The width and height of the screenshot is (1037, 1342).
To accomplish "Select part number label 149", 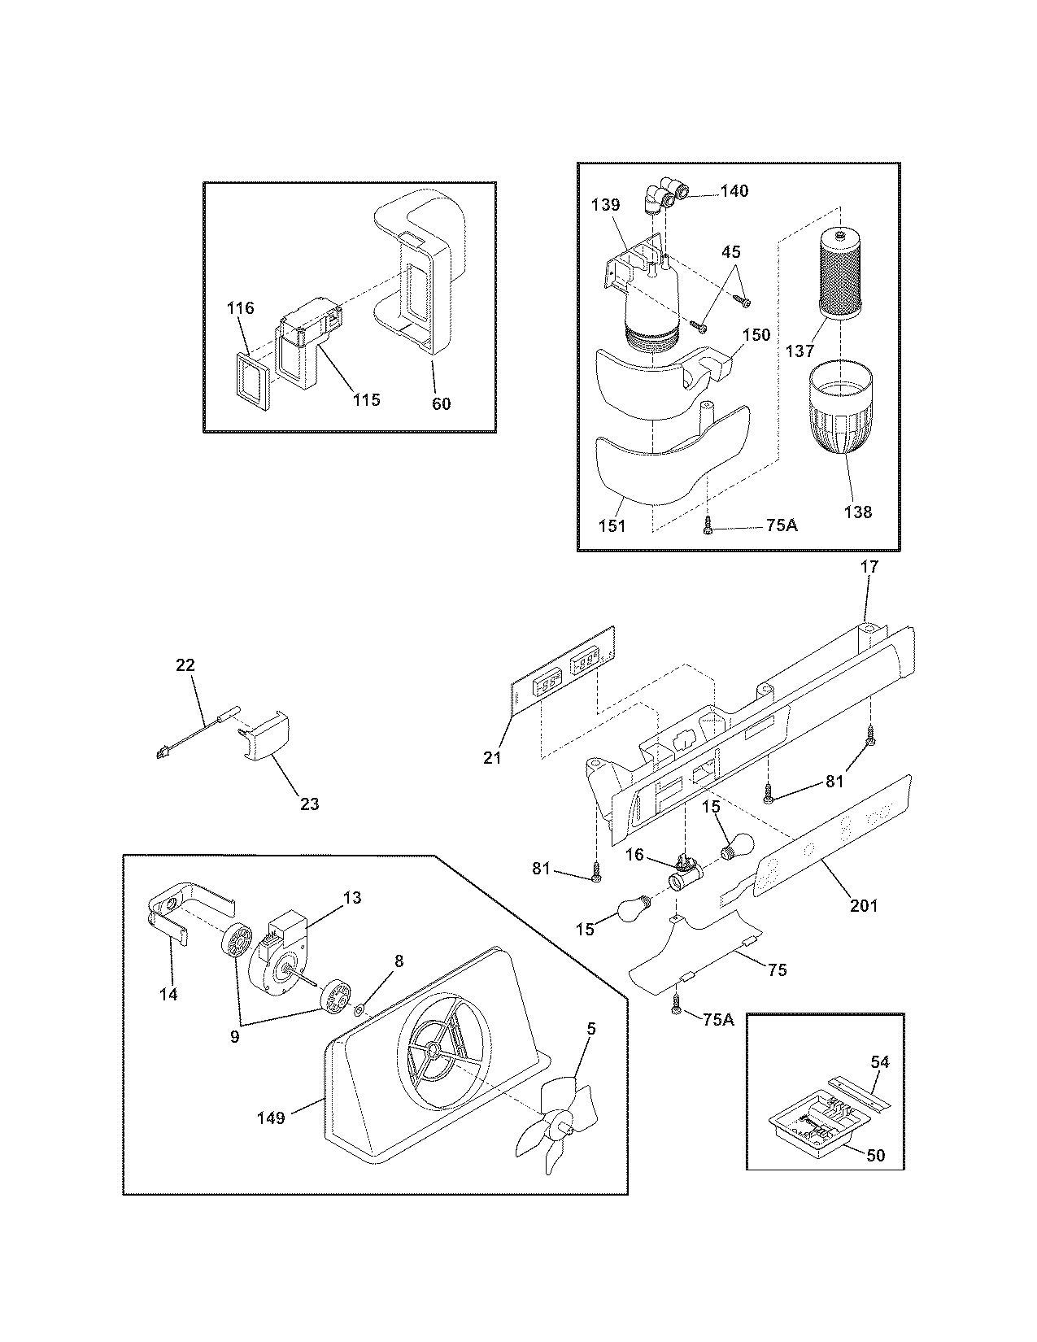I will click(x=271, y=1118).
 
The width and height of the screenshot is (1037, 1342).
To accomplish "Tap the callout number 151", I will click(x=612, y=525).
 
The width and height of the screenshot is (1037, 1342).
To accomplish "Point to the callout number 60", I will click(x=440, y=403).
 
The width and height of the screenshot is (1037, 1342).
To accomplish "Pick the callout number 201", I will click(x=863, y=904).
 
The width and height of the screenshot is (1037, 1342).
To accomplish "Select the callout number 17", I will click(x=869, y=567).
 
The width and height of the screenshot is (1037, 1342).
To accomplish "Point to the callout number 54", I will click(x=879, y=1061).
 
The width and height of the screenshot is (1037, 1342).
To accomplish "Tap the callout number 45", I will click(x=734, y=252).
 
